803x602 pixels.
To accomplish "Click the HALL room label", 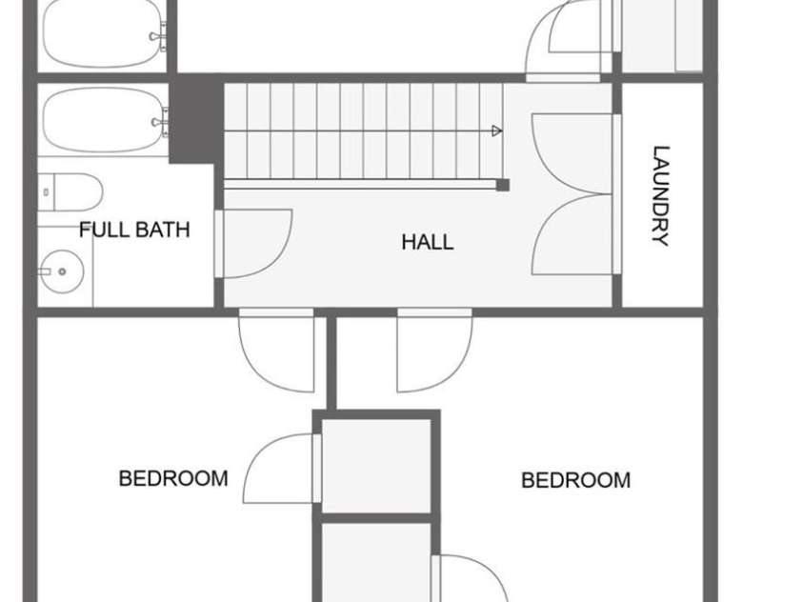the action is coord(427,242).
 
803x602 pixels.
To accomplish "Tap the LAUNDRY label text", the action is coord(661,196).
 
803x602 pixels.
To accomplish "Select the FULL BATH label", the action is coord(134,230).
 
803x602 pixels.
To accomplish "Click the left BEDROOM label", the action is coord(173,478).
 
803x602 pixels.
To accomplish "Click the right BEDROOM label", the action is coord(576,480).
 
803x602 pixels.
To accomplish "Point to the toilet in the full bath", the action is coord(70,192).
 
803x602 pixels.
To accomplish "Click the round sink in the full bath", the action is coord(62,271).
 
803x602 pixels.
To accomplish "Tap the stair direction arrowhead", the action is coord(496,131).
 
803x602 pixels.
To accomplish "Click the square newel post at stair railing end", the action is coord(503,185).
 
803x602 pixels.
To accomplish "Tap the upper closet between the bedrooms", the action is coord(376,466).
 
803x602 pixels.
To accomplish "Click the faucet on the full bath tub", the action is coord(160,122).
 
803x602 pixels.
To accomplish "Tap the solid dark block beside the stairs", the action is coord(196,119).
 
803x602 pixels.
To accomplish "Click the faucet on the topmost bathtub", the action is coord(159,36).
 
